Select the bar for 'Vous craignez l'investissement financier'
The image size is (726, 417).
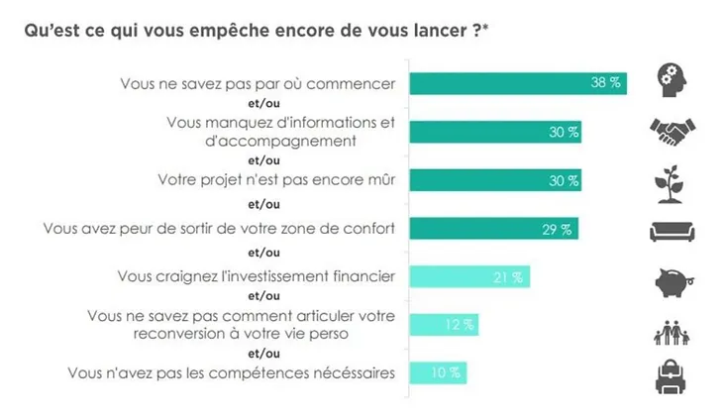(x=468, y=277)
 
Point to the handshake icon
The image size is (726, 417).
(x=674, y=132)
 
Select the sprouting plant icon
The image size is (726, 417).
(x=674, y=181)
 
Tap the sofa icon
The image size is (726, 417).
(x=674, y=231)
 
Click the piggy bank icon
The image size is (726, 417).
(x=674, y=280)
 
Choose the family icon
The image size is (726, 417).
(x=674, y=330)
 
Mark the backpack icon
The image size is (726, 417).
(x=674, y=376)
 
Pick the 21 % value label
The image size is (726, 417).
(x=509, y=277)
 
